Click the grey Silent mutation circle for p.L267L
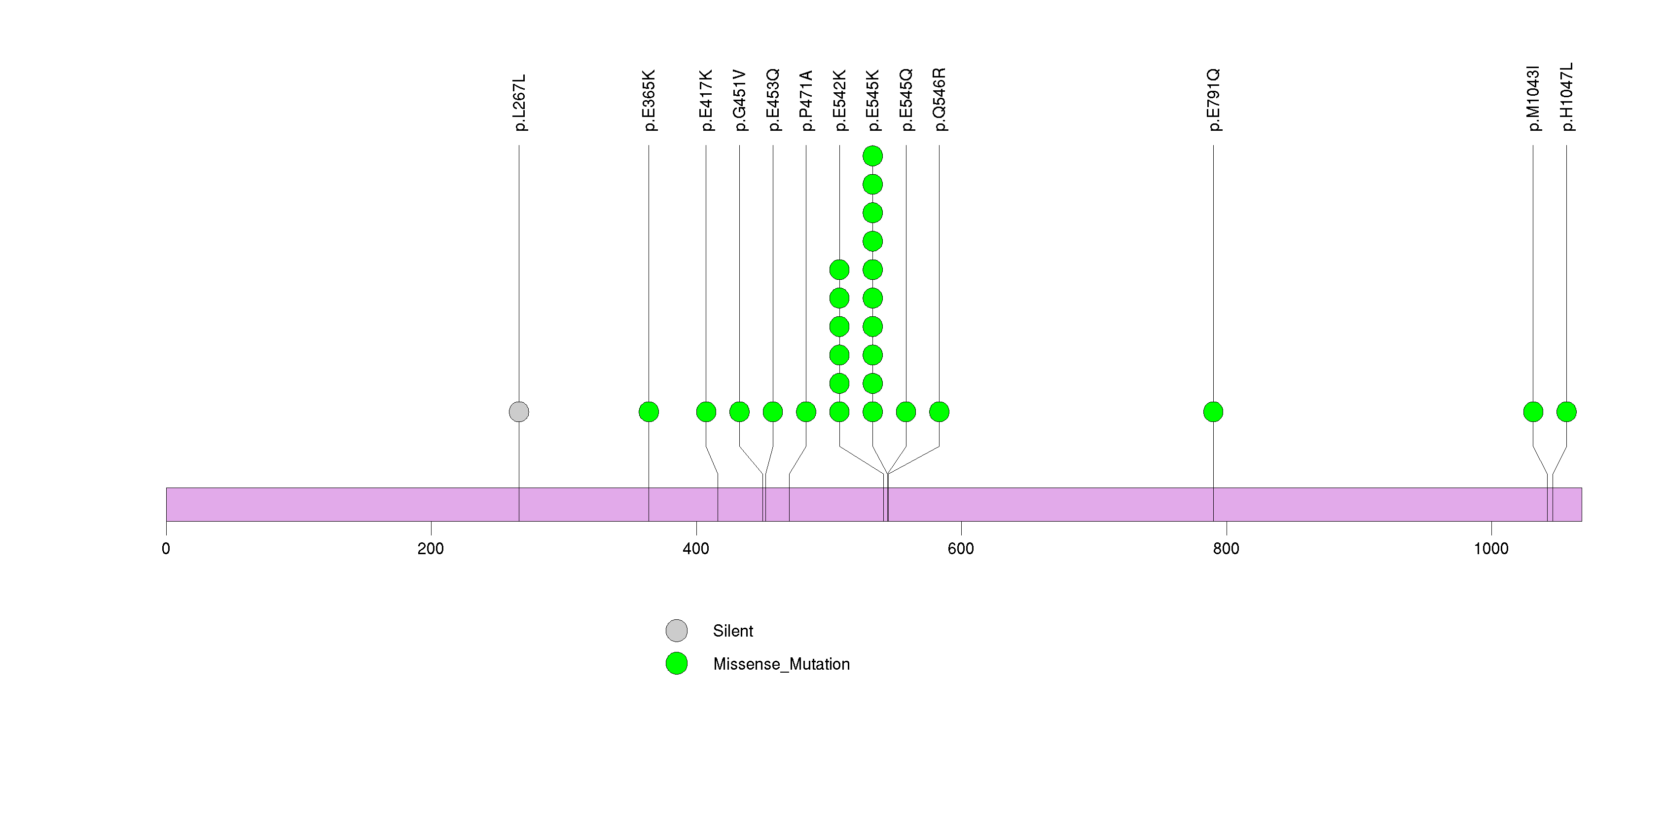click(x=518, y=412)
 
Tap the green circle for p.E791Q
click(x=1213, y=412)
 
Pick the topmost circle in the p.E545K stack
click(x=872, y=156)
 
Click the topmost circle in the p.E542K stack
click(x=839, y=269)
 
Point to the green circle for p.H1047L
click(x=1566, y=412)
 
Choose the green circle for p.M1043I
click(x=1532, y=412)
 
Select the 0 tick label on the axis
click(x=166, y=549)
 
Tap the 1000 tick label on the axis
click(x=1490, y=549)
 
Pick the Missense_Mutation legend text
click(x=781, y=664)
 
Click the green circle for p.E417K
click(x=706, y=412)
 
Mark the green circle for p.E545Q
click(x=905, y=412)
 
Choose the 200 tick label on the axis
click(x=431, y=549)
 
